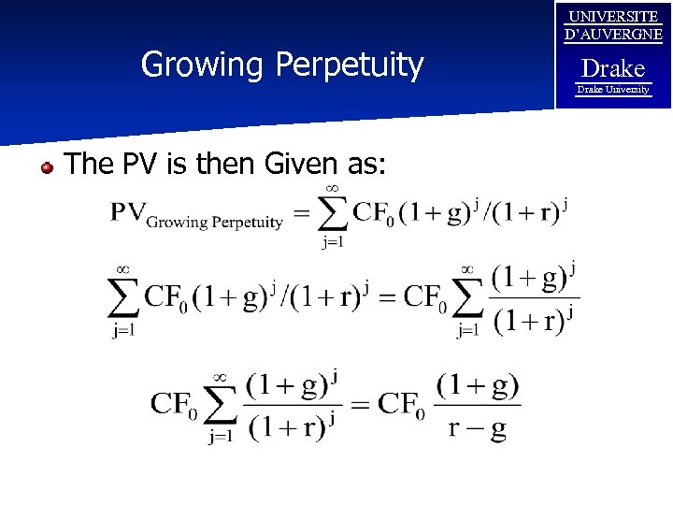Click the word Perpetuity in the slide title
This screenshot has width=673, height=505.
tap(350, 65)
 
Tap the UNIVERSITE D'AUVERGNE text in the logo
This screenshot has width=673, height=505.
tap(613, 25)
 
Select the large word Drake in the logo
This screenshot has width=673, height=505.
tap(613, 68)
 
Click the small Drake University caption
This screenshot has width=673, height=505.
tap(613, 90)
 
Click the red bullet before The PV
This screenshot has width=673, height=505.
tap(46, 167)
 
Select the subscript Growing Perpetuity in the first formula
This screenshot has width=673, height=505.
tap(215, 223)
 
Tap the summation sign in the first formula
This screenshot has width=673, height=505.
tap(332, 213)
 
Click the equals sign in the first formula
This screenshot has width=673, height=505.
tap(301, 214)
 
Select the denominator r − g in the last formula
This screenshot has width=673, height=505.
tap(478, 429)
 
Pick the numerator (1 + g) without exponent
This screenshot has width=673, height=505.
tap(478, 384)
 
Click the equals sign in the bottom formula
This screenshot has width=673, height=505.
tap(362, 405)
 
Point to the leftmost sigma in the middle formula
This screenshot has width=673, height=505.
tap(122, 297)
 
